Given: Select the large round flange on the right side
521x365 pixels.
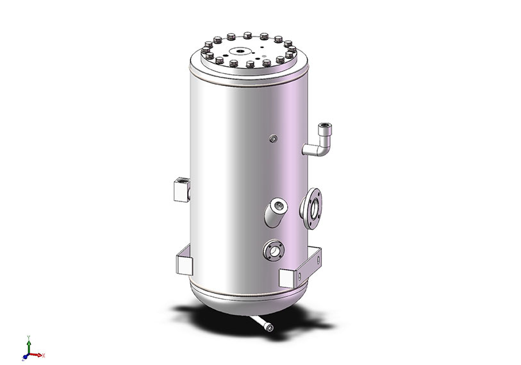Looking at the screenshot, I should pyautogui.click(x=312, y=208).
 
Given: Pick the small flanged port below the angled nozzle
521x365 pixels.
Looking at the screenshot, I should pyautogui.click(x=274, y=250).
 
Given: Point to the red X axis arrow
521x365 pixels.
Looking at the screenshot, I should pyautogui.click(x=39, y=355).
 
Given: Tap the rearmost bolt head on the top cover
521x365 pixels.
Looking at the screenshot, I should pyautogui.click(x=247, y=33).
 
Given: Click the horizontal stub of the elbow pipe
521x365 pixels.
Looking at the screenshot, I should pyautogui.click(x=311, y=150).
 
